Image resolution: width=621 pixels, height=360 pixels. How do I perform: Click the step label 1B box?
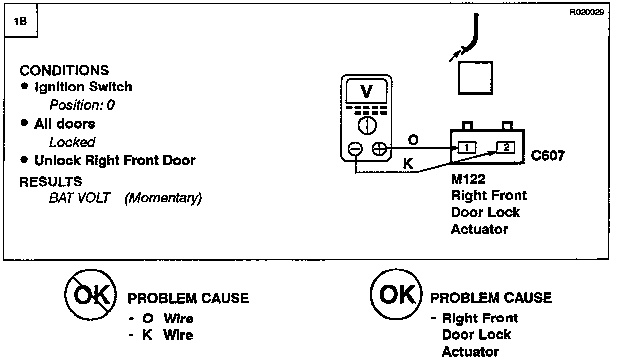tap(21, 23)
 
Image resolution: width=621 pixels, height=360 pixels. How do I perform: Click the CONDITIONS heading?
tap(64, 70)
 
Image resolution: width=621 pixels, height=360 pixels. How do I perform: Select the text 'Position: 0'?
tap(82, 105)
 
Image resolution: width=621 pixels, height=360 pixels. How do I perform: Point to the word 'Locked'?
tap(72, 142)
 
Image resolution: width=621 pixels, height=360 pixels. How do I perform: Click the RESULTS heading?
tap(50, 181)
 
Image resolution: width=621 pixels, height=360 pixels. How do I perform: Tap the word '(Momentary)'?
tap(163, 198)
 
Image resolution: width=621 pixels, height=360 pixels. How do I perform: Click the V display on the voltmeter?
tap(366, 92)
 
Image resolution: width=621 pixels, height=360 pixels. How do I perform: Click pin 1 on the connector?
tap(467, 147)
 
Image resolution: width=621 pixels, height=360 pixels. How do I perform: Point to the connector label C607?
tap(548, 156)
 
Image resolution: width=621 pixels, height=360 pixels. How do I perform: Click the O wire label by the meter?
tap(413, 140)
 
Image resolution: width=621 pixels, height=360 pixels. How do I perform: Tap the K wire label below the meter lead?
tap(407, 164)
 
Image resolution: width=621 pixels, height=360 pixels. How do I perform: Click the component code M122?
tap(468, 179)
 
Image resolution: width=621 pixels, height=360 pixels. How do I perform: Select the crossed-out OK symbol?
tap(91, 297)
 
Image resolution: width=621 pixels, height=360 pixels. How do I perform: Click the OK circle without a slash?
tap(396, 296)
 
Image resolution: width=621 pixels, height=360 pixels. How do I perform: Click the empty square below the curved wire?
tap(475, 78)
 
